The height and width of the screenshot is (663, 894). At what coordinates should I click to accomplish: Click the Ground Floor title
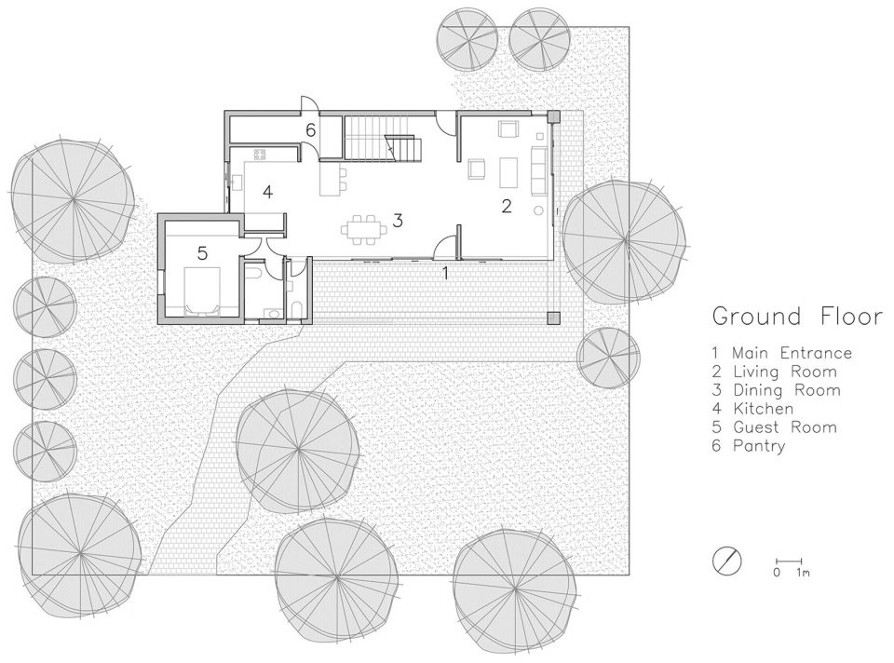coord(797,317)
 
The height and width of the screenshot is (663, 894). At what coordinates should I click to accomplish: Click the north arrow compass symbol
coord(727,561)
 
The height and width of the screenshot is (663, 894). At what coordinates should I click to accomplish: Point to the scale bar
coord(790,562)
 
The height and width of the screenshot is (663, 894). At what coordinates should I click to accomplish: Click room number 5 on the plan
coord(202,252)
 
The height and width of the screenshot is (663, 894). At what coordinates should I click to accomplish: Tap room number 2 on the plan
coord(507,207)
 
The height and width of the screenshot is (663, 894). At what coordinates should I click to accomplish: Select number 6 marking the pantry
coord(310,130)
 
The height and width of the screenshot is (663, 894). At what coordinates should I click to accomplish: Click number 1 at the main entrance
coord(446,274)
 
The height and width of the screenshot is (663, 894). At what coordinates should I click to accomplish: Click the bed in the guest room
coord(201,291)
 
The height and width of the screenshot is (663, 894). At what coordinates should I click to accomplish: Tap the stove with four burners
coord(260,155)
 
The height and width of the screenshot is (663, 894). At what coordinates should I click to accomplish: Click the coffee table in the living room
coord(508,172)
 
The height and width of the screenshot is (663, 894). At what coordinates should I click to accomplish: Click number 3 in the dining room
coord(398,220)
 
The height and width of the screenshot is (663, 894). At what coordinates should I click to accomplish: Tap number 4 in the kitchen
coord(267,192)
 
